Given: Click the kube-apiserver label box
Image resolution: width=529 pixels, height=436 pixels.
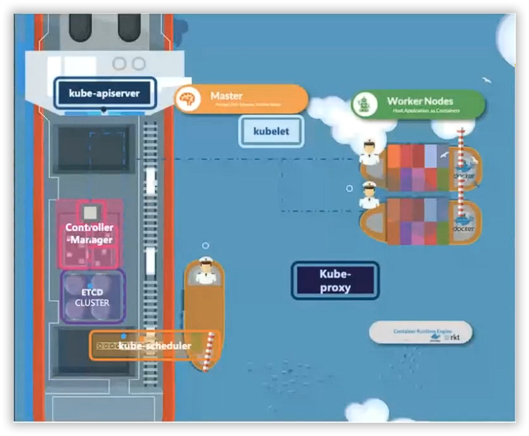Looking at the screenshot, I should (104, 94).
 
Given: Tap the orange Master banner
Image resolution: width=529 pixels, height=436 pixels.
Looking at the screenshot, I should (241, 99).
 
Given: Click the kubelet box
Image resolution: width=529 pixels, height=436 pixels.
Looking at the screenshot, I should (272, 131).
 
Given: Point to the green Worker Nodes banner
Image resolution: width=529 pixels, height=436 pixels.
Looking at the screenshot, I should (418, 104).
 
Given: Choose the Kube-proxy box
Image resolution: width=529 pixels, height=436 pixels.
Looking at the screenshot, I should (335, 280).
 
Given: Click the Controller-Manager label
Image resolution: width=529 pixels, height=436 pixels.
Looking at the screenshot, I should (90, 234).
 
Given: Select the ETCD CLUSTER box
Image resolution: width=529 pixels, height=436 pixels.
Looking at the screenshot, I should (92, 297).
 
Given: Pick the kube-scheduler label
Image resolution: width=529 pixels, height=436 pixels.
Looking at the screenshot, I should (154, 346).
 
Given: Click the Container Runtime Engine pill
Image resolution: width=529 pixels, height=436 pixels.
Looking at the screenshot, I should (420, 333).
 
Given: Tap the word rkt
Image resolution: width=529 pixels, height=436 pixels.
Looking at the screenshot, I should (453, 337).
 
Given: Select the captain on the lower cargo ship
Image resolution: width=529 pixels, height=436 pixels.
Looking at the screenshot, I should (369, 196).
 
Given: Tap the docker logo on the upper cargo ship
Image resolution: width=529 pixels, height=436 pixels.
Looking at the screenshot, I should (464, 171).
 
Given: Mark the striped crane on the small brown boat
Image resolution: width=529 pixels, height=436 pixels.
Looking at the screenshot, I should (210, 352).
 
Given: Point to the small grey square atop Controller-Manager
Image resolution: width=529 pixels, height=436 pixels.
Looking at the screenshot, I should (90, 211).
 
